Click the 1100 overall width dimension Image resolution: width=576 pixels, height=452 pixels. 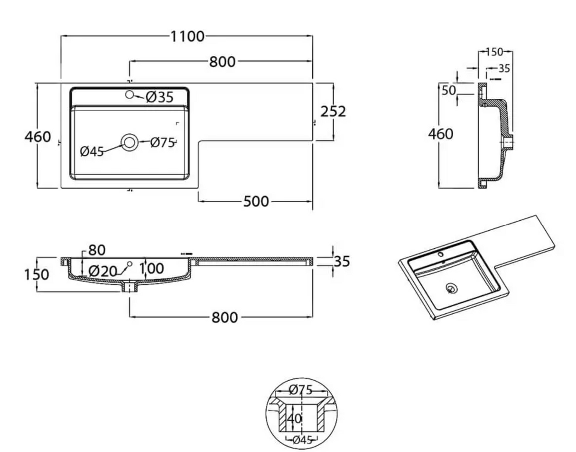(187, 37)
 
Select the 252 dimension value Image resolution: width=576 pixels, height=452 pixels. (333, 112)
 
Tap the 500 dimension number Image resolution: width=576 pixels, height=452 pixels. (256, 201)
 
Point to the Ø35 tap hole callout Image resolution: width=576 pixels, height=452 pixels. (159, 97)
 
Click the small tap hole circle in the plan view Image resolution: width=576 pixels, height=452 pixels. (129, 94)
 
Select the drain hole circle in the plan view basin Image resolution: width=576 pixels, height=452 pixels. (130, 142)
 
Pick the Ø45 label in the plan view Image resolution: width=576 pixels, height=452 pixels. (92, 151)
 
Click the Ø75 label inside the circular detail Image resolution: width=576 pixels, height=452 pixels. (301, 390)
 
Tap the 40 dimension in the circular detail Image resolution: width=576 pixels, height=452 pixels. (294, 419)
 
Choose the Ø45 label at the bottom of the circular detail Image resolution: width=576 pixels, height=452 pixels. (303, 440)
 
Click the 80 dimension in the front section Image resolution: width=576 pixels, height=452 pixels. (97, 250)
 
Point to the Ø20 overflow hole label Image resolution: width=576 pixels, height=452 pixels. (103, 271)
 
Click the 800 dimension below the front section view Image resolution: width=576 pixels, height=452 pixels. (225, 318)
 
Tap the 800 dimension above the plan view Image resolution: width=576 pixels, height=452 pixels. (223, 62)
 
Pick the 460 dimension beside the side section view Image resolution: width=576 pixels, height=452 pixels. (441, 134)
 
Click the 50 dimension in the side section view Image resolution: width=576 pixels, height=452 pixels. (449, 91)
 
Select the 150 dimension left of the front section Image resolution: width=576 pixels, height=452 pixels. (37, 274)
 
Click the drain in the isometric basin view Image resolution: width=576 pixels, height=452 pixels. (451, 288)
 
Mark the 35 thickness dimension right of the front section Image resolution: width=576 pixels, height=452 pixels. (342, 261)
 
